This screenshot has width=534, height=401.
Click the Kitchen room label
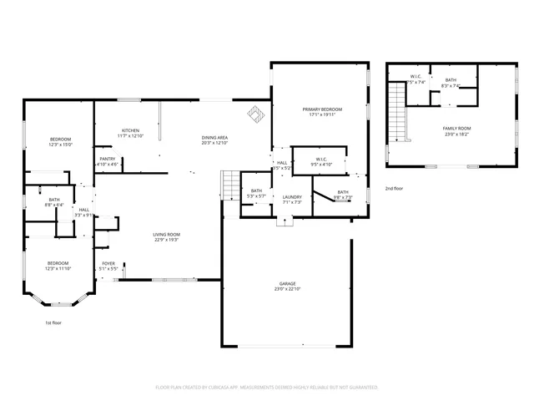click(131, 131)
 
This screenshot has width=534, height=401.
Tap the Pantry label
click(108, 159)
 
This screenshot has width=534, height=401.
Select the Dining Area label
click(214, 138)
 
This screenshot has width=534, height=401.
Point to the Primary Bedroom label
click(322, 109)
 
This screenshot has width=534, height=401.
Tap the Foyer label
click(108, 264)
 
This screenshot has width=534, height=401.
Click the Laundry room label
click(291, 197)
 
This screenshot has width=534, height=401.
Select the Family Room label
click(456, 129)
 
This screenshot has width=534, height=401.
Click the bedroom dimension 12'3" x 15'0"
click(60, 145)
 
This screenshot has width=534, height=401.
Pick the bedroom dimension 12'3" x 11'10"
click(58, 268)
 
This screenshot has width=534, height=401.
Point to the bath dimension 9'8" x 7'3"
click(343, 198)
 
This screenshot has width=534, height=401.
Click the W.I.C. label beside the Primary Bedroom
click(322, 160)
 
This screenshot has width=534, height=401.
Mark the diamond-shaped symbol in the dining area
click(254, 112)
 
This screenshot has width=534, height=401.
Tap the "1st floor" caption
click(53, 322)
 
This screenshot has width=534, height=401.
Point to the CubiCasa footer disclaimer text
click(267, 388)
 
